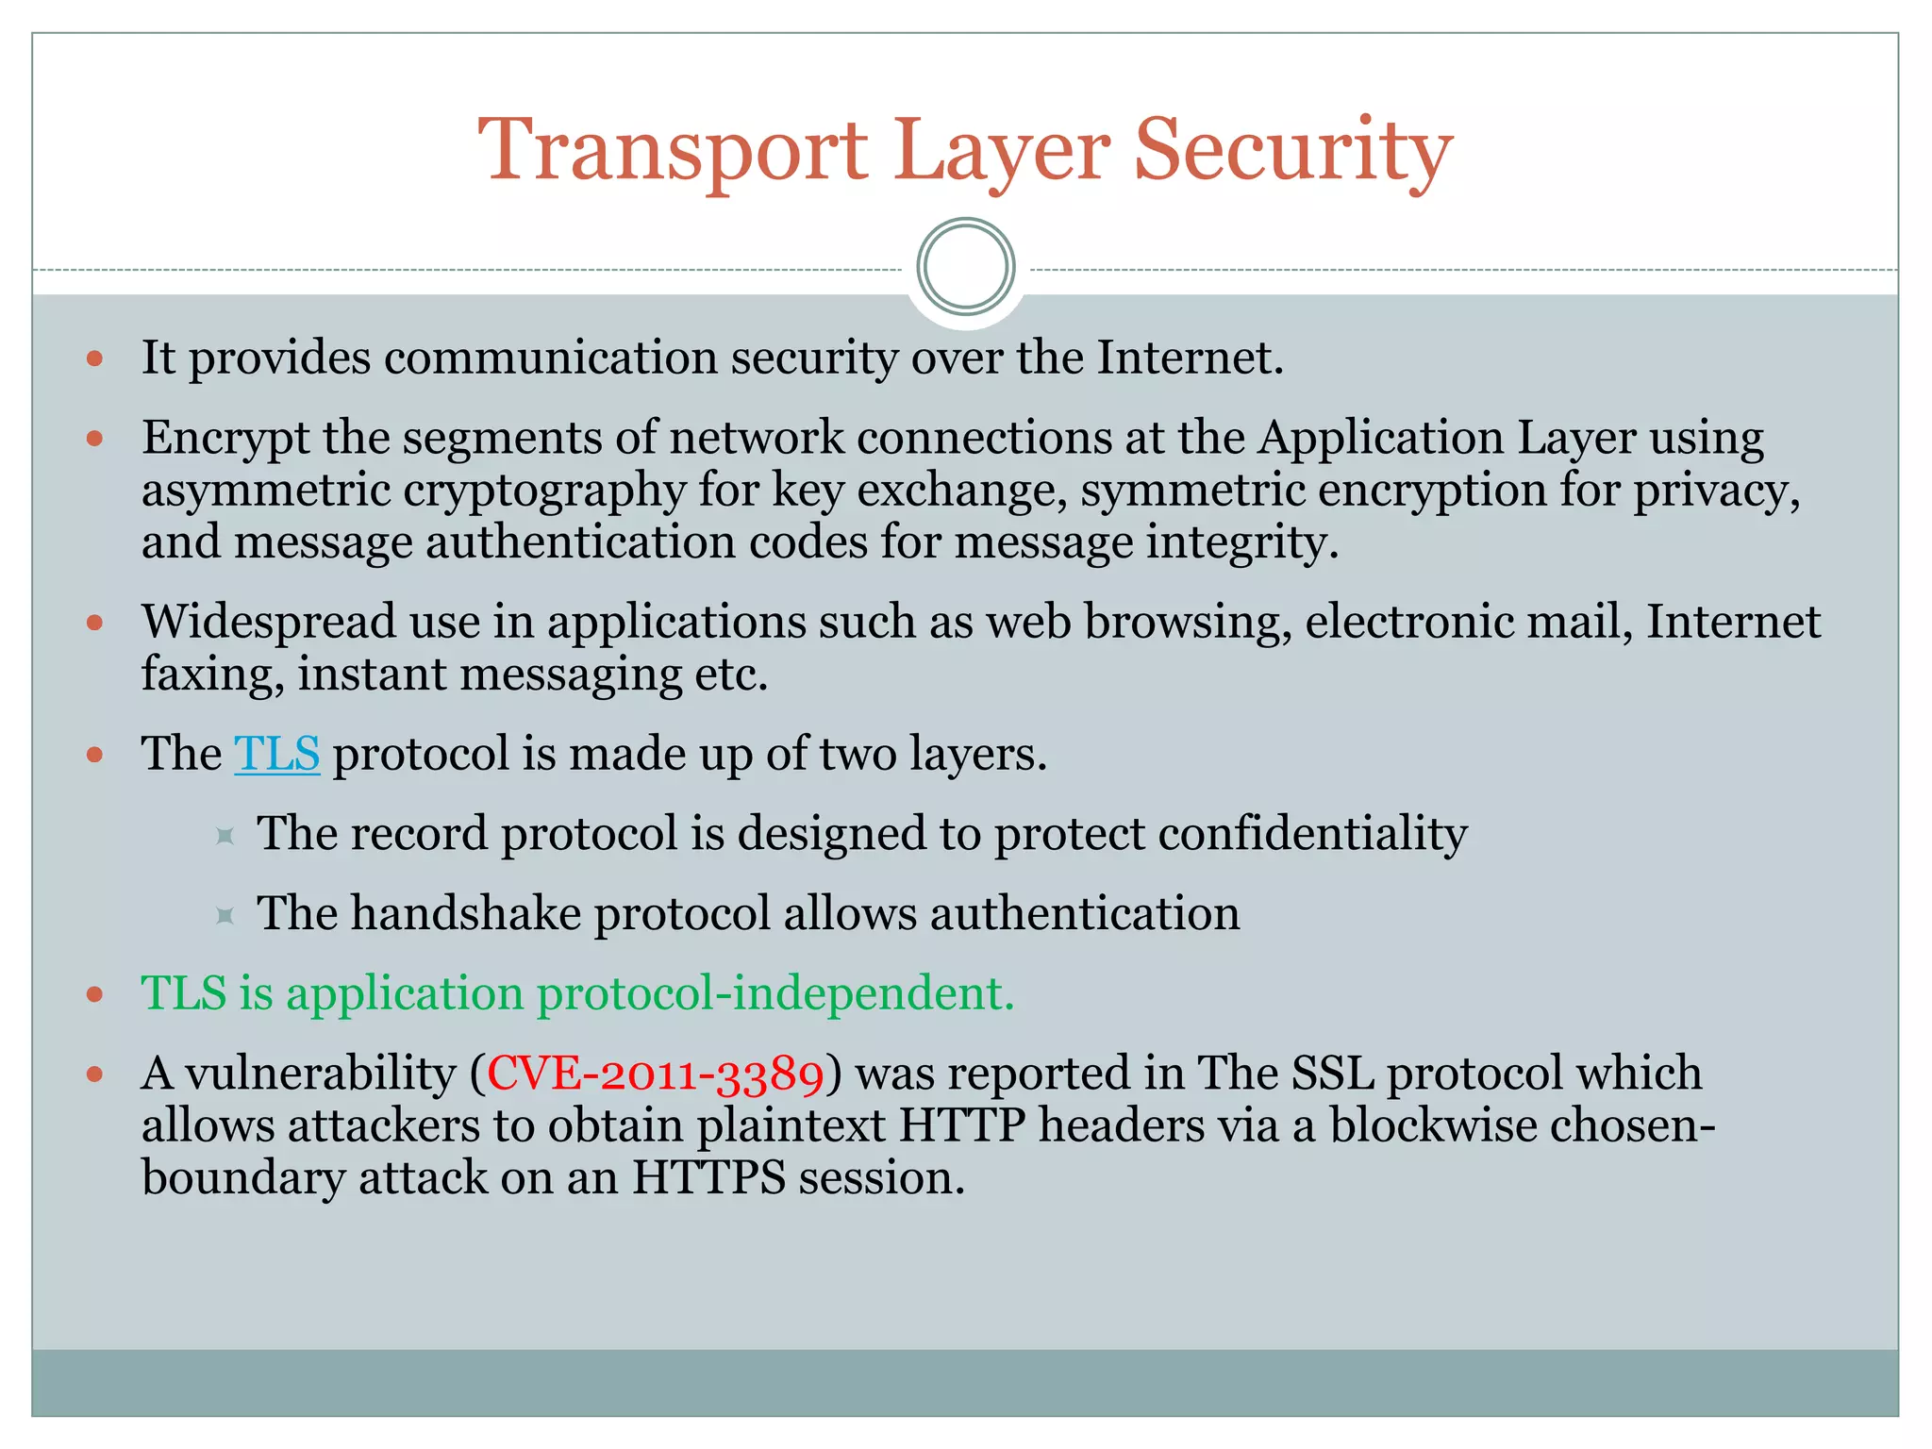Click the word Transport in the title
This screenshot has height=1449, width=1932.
(672, 151)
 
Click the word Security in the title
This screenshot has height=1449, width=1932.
(1292, 151)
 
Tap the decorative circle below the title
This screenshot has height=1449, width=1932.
(965, 267)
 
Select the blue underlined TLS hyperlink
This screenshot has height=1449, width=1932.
(276, 754)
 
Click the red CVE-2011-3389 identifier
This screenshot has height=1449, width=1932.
(656, 1074)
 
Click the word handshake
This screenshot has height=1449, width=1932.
(466, 914)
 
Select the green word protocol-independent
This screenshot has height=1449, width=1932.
(774, 993)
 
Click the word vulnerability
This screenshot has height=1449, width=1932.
(321, 1074)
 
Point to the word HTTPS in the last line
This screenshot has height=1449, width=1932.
(708, 1178)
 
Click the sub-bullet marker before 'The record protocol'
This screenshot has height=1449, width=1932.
(225, 836)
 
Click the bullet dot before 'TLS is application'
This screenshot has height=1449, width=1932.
(94, 994)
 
